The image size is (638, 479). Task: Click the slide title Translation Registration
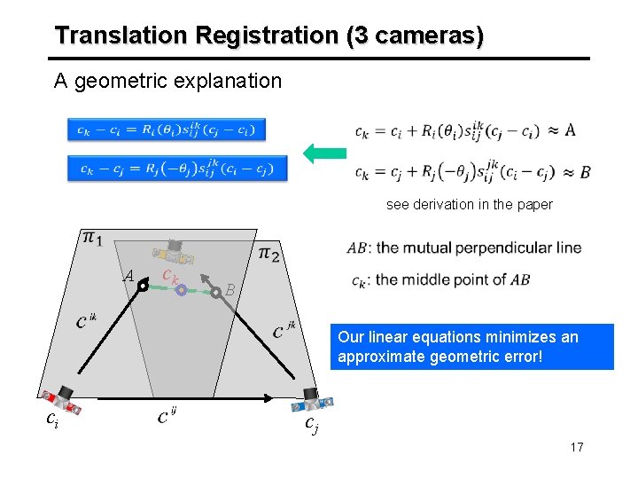coord(268,36)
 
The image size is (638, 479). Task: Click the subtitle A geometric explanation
coord(167,82)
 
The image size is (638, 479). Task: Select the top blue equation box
coord(167,130)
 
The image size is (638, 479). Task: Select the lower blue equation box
coord(177,167)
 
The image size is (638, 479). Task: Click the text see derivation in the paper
coord(469,204)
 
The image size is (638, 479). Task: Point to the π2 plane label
coord(269,255)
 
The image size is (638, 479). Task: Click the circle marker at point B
coord(215,289)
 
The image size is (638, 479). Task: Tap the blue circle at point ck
coord(180,289)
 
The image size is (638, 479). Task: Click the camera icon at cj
coord(313,400)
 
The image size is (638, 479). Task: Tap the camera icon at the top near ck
coord(177,253)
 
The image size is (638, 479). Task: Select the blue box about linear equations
coord(472,346)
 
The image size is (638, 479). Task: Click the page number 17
coord(577,446)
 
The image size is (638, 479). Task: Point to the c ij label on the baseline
coord(167,414)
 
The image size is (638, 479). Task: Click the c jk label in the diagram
coord(284,330)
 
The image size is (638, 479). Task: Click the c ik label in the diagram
coord(86,319)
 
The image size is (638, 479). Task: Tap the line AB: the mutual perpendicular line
coord(464,247)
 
